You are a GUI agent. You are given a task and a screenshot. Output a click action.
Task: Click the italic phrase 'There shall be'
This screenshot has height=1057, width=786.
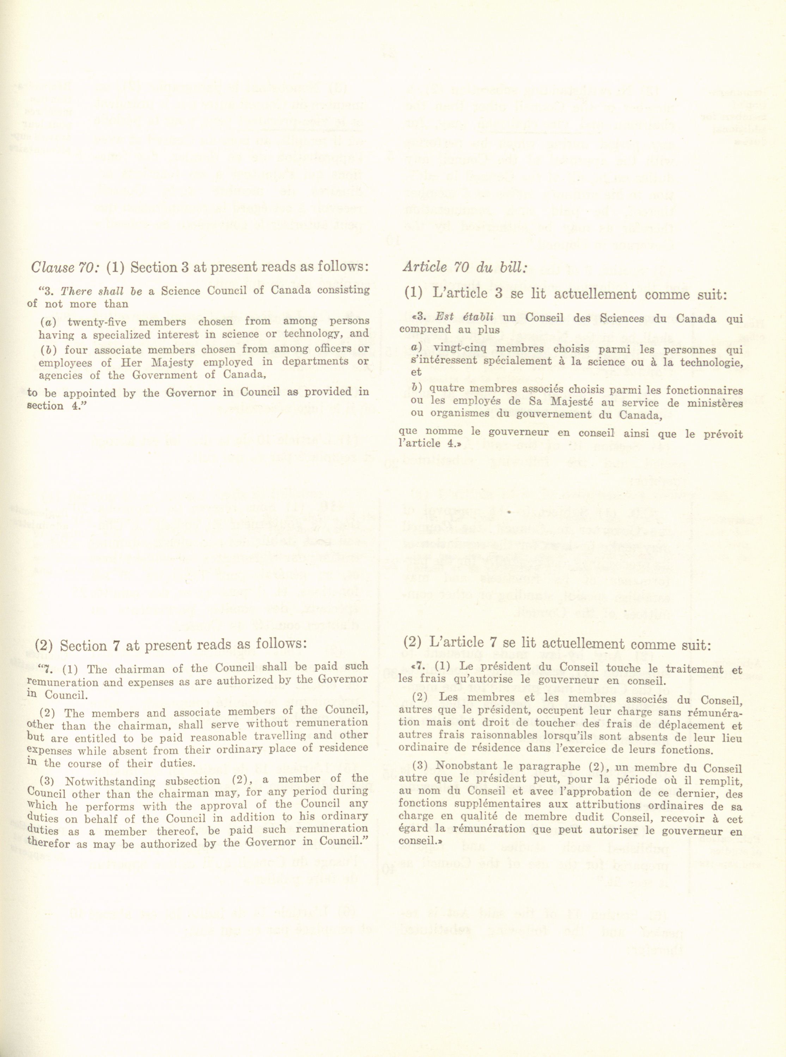pos(102,291)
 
